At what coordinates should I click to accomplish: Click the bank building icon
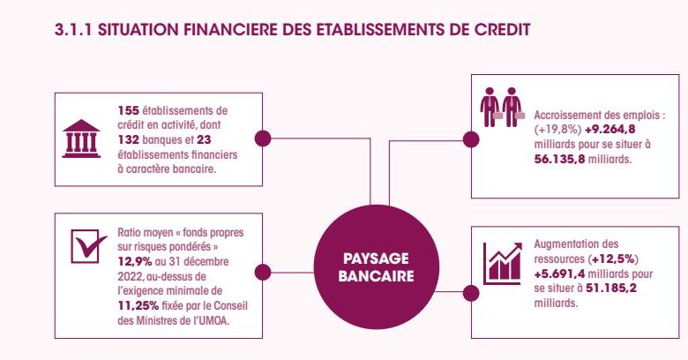pyautogui.click(x=81, y=139)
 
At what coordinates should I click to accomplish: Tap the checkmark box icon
pyautogui.click(x=88, y=246)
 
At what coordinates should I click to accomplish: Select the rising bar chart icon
pyautogui.click(x=503, y=264)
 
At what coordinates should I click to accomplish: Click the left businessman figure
pyautogui.click(x=490, y=107)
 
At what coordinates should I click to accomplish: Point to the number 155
pyautogui.click(x=128, y=110)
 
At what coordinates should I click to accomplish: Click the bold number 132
pyautogui.click(x=129, y=140)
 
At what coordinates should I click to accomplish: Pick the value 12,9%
pyautogui.click(x=135, y=262)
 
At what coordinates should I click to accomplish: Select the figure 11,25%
pyautogui.click(x=138, y=305)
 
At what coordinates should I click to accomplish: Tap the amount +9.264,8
pyautogui.click(x=610, y=130)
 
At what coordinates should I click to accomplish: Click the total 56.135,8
pyautogui.click(x=559, y=159)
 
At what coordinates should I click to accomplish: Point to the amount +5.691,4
pyautogui.click(x=559, y=274)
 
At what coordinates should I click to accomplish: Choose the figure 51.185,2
pyautogui.click(x=611, y=289)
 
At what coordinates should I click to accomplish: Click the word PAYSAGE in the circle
pyautogui.click(x=376, y=259)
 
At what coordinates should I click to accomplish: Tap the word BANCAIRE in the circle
pyautogui.click(x=376, y=275)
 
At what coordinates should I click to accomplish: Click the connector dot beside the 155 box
pyautogui.click(x=262, y=139)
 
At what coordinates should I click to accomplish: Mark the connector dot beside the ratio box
pyautogui.click(x=262, y=272)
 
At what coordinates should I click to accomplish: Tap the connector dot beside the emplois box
pyautogui.click(x=471, y=139)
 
